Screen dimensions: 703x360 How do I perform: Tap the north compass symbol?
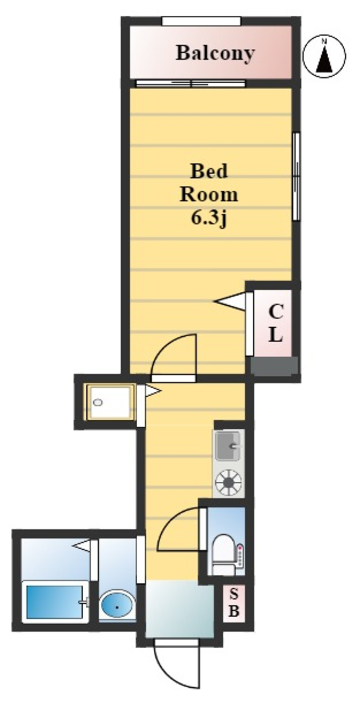click(x=324, y=56)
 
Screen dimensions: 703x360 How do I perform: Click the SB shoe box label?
click(x=233, y=603)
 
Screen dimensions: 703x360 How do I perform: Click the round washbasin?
click(x=117, y=604)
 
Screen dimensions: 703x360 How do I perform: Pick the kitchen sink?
click(x=228, y=445)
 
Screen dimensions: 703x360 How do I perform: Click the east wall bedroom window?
click(x=296, y=176)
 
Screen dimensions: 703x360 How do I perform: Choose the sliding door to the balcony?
click(x=190, y=83)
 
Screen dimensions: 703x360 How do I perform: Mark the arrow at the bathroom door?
click(x=81, y=545)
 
